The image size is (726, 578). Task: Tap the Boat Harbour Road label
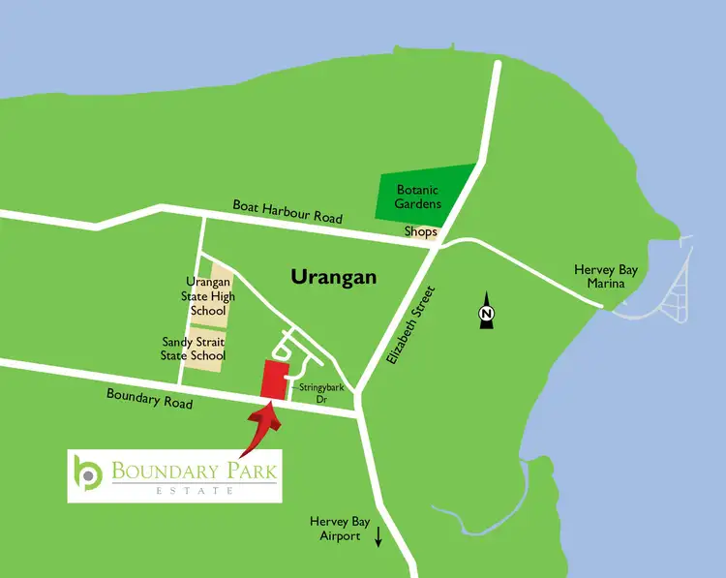pyautogui.click(x=287, y=212)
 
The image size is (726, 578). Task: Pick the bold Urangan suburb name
pyautogui.click(x=333, y=277)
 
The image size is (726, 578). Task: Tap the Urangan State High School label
pyautogui.click(x=206, y=296)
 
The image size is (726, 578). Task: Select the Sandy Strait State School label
pyautogui.click(x=194, y=349)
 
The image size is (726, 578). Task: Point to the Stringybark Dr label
pyautogui.click(x=317, y=391)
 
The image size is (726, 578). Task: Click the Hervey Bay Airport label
pyautogui.click(x=336, y=529)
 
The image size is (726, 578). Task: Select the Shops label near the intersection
pyautogui.click(x=420, y=232)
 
